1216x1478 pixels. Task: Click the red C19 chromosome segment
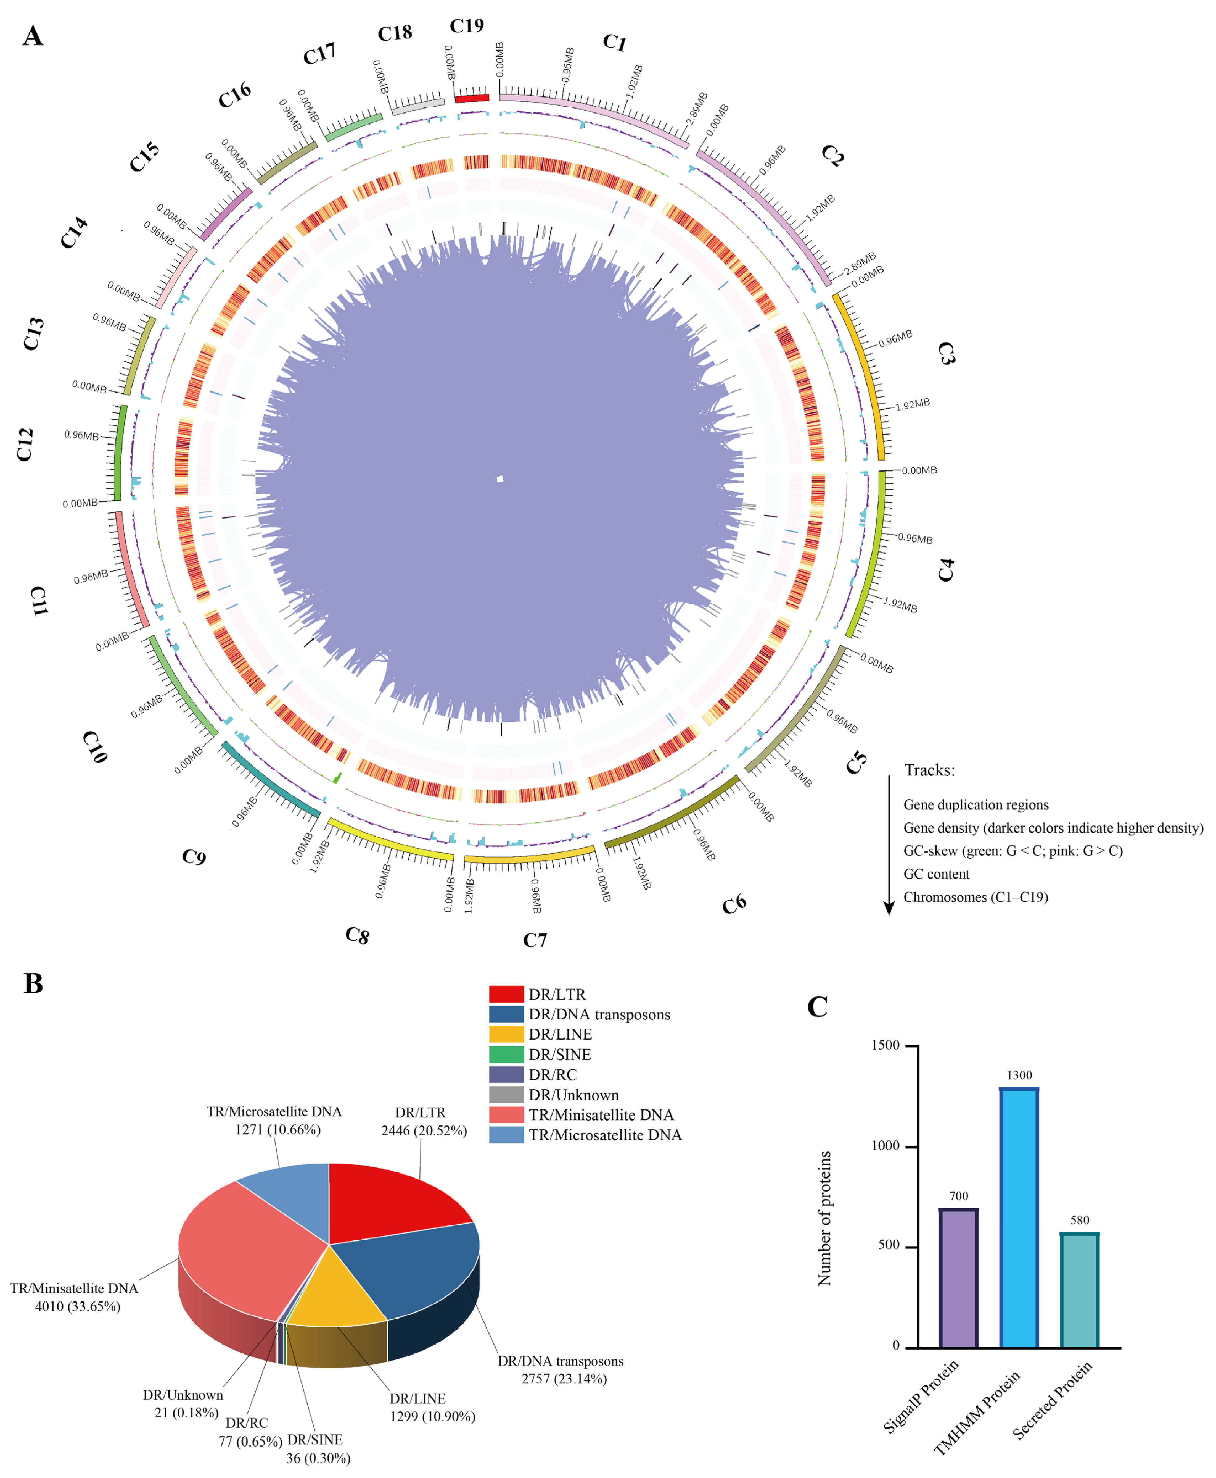coord(471,98)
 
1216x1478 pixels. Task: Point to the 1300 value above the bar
coord(1019,1075)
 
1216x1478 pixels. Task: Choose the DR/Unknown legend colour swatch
coord(506,1095)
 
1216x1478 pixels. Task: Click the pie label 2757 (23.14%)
coord(564,1379)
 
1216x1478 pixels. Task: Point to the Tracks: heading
coord(929,770)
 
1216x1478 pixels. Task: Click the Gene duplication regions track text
coord(976,804)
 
